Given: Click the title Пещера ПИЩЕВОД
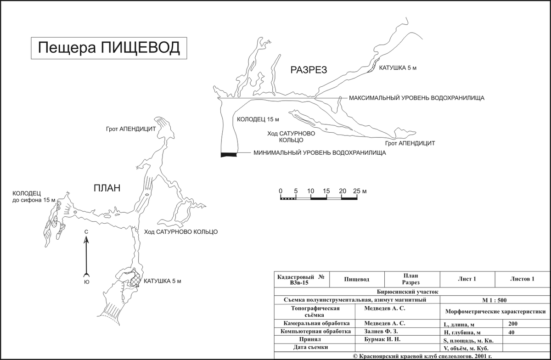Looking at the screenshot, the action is click(x=109, y=48).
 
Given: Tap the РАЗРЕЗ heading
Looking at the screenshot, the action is click(x=309, y=70).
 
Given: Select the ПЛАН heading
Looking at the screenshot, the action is click(x=107, y=188).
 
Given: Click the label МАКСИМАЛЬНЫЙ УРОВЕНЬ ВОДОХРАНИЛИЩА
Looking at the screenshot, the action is click(x=417, y=98).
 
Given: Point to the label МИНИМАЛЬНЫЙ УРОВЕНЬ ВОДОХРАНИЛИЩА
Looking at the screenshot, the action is click(x=320, y=153).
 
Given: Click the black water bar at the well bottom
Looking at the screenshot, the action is click(x=229, y=155).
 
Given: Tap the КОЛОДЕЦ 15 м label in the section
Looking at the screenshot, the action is click(x=258, y=119).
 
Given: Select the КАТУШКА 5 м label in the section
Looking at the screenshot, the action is click(x=398, y=68).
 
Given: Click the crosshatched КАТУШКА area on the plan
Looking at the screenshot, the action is click(x=135, y=279).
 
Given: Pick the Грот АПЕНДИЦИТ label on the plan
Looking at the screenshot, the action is click(x=131, y=129).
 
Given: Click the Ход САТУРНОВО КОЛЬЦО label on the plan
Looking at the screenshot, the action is click(x=181, y=232).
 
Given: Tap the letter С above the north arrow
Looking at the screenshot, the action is click(x=86, y=232).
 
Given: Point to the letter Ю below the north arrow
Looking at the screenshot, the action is click(x=87, y=282).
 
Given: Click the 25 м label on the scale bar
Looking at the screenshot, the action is click(x=360, y=191).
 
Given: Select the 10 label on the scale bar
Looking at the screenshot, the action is click(x=311, y=191).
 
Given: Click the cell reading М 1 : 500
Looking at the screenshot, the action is click(x=495, y=300).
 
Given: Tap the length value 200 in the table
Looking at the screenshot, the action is click(x=513, y=324).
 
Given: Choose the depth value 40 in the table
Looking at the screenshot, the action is click(x=512, y=332).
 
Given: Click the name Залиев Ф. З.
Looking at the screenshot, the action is click(x=381, y=331).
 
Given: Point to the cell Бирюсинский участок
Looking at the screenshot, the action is click(x=408, y=292).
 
